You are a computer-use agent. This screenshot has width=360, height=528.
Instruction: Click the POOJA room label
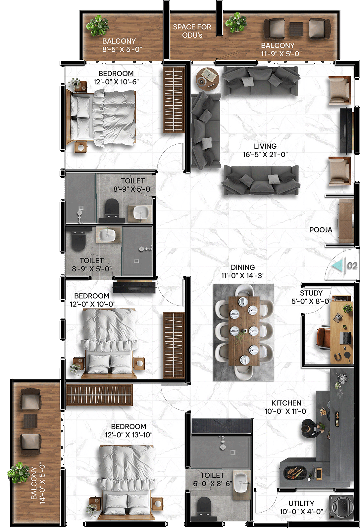321,230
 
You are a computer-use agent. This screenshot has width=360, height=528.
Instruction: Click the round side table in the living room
207,79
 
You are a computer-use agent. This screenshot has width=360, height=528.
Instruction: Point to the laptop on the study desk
345,338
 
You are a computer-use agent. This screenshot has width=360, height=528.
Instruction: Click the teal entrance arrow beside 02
338,265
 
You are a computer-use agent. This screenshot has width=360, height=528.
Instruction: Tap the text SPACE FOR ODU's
192,31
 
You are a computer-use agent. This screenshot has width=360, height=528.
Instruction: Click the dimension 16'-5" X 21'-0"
265,155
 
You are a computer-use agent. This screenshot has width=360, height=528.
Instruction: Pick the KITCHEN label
286,403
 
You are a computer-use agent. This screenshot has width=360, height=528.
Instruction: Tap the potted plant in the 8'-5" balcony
97,25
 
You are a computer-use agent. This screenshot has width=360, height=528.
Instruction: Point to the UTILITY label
301,503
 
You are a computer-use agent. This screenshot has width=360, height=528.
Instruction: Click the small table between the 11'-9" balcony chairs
296,29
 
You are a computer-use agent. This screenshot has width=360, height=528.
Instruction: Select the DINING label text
243,267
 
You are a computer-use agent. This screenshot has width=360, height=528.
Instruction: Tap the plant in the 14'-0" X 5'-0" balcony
19,472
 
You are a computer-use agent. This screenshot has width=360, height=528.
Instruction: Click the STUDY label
311,293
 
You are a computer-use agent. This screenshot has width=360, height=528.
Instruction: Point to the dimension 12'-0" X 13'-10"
129,435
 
